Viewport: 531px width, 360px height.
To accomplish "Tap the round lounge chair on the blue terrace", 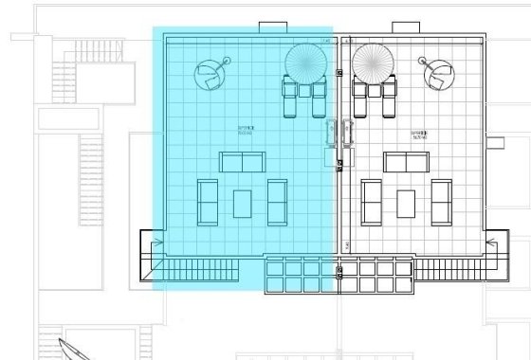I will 211,73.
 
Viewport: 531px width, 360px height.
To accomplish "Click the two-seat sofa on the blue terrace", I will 244,161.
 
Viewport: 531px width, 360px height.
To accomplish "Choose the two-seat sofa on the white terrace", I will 407,161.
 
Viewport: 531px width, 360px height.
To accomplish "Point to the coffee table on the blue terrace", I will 243,203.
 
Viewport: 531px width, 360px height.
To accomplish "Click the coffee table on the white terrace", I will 407,203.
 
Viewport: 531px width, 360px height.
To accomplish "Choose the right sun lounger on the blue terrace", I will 320,98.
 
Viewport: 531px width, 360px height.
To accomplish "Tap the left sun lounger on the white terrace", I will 361,98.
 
